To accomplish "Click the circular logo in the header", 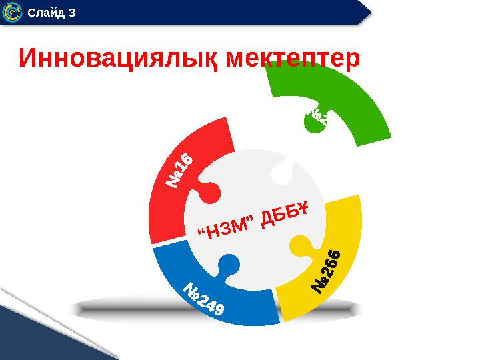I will point(12,12).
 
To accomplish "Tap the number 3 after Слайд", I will point(71,13).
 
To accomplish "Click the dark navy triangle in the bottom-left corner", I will point(40,333).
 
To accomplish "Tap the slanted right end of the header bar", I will point(365,12).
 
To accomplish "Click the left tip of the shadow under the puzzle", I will point(72,308).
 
